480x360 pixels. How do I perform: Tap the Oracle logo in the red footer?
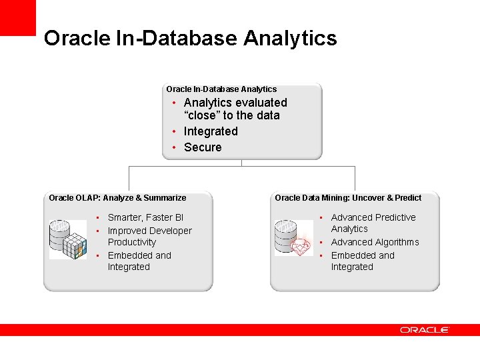tap(425, 330)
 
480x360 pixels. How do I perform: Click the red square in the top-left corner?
tap(17, 17)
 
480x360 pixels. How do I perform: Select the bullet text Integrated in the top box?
tap(211, 131)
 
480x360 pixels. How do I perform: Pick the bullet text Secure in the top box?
tap(203, 147)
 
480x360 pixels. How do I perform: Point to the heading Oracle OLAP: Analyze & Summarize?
tap(117, 198)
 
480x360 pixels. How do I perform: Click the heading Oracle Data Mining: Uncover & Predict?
tap(348, 198)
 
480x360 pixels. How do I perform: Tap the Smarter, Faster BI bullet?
tap(145, 217)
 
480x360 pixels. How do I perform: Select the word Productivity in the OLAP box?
tap(132, 242)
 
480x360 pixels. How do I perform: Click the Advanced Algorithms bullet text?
tap(375, 242)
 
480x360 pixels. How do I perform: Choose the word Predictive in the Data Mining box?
tap(395, 217)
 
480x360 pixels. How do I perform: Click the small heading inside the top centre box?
tap(221, 89)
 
